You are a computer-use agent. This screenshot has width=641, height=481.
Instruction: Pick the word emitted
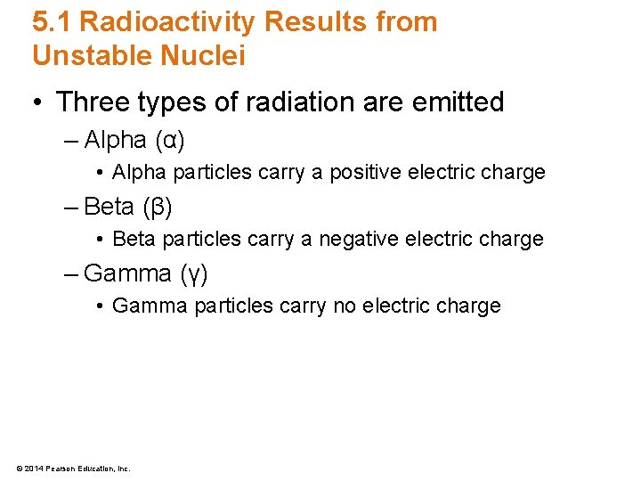pos(456,102)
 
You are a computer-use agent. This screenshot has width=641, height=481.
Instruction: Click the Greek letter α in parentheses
pos(168,141)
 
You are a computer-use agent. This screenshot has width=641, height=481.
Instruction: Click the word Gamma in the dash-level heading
pos(129,273)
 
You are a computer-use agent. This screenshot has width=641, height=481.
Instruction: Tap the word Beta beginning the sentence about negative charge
pos(134,240)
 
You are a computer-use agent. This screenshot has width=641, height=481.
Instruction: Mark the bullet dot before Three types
pos(38,103)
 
